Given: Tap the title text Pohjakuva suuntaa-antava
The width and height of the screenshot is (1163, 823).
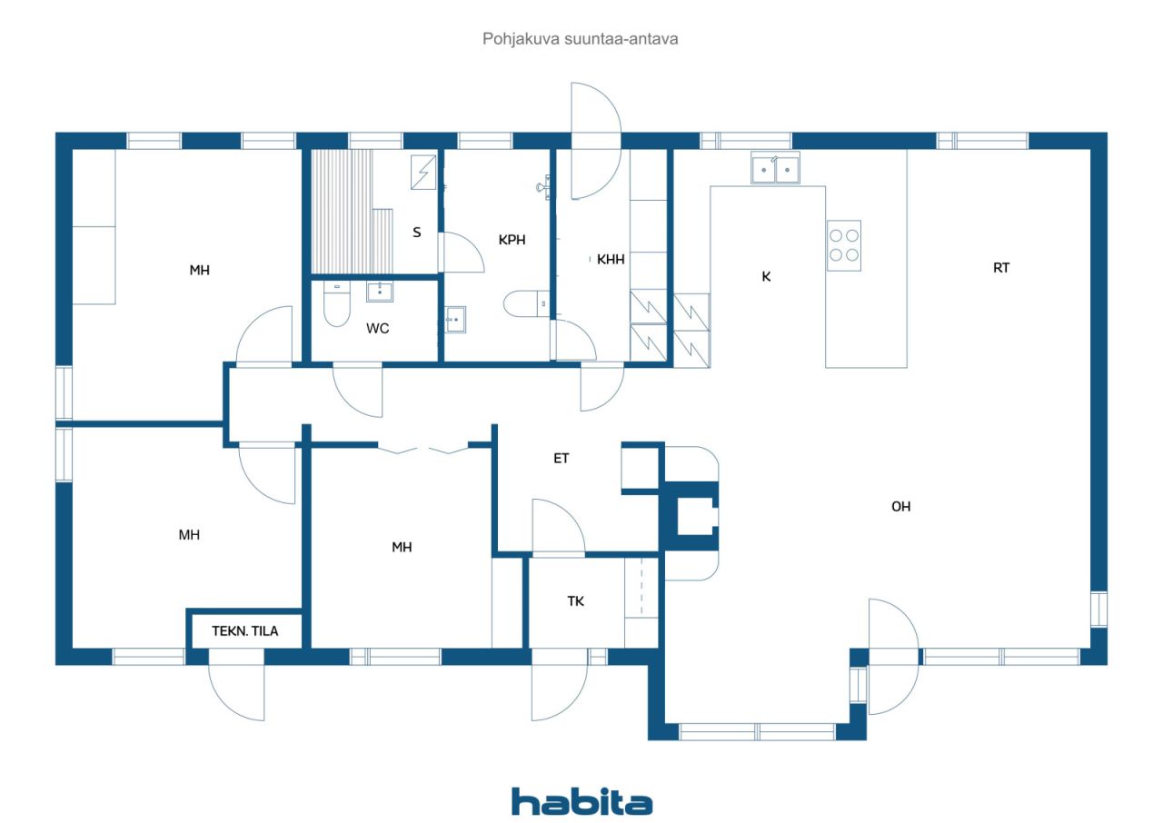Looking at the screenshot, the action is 580,39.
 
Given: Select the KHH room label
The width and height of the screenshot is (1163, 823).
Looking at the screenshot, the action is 611,260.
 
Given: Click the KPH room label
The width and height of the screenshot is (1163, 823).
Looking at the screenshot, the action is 512,240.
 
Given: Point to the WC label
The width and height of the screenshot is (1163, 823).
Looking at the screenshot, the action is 377,329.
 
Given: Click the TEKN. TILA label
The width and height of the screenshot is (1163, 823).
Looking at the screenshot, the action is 245,631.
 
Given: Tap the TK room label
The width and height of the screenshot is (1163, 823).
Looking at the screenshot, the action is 576,601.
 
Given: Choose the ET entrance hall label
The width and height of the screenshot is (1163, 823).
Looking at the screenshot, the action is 562,458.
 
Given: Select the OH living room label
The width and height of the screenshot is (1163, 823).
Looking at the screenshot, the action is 900,507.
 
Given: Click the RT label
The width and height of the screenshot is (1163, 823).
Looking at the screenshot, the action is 1001,268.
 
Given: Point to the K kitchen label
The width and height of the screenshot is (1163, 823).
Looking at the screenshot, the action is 766,276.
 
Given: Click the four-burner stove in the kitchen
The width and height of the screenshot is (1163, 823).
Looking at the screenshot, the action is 844,245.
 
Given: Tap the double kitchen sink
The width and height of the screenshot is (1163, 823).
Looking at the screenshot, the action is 776,169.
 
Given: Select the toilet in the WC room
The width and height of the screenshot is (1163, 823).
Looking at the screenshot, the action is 336,303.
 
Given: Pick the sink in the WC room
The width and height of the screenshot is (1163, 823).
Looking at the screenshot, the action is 380,292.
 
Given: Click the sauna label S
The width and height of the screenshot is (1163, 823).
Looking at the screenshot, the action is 417,233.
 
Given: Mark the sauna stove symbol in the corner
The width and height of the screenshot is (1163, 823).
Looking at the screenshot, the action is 423,172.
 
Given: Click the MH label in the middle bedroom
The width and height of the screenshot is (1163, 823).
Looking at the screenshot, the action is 402,547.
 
